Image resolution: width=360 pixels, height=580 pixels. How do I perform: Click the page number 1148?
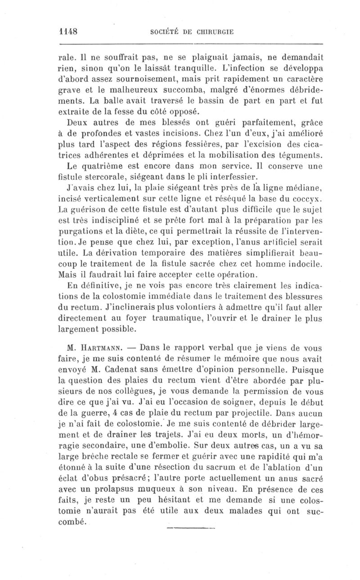pyautogui.click(x=69, y=32)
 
